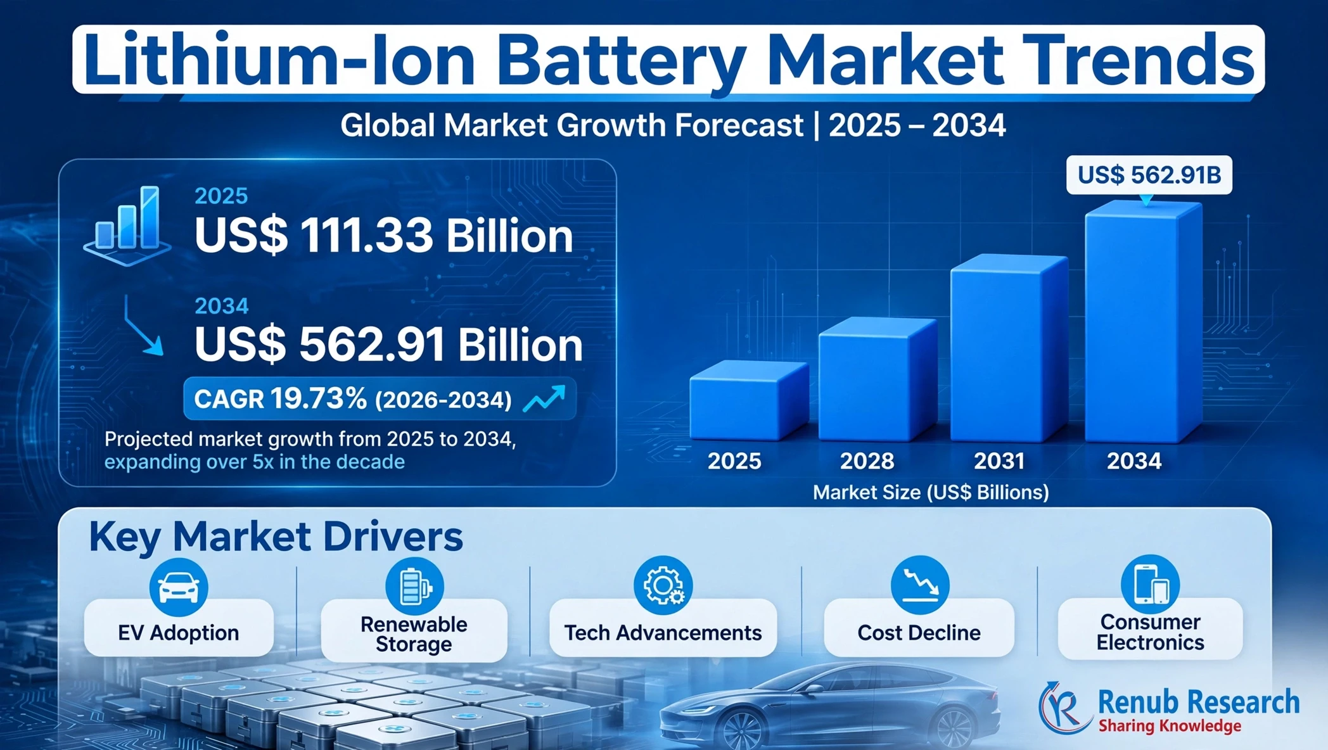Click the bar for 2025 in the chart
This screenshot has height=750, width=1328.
[749, 400]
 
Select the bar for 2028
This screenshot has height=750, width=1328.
[878, 379]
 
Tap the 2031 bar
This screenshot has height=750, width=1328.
[1009, 348]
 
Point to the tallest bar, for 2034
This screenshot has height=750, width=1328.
[1144, 321]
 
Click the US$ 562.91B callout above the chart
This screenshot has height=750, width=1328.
[1149, 175]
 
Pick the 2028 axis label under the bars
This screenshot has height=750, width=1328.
[867, 461]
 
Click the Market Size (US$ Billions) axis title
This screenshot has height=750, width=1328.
[931, 492]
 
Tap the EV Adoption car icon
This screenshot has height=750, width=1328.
[179, 587]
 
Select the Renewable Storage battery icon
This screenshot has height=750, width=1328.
[414, 586]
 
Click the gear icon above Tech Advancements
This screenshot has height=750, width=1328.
[663, 585]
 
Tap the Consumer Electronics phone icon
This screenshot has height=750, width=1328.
[1150, 584]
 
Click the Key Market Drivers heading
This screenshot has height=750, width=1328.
[276, 537]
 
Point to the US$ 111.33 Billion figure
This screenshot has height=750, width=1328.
[384, 236]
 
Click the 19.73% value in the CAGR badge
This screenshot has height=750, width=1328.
[318, 398]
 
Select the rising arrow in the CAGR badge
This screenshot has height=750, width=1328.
[544, 399]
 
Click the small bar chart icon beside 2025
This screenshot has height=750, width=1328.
[127, 226]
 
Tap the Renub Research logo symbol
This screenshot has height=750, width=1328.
[1065, 708]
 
